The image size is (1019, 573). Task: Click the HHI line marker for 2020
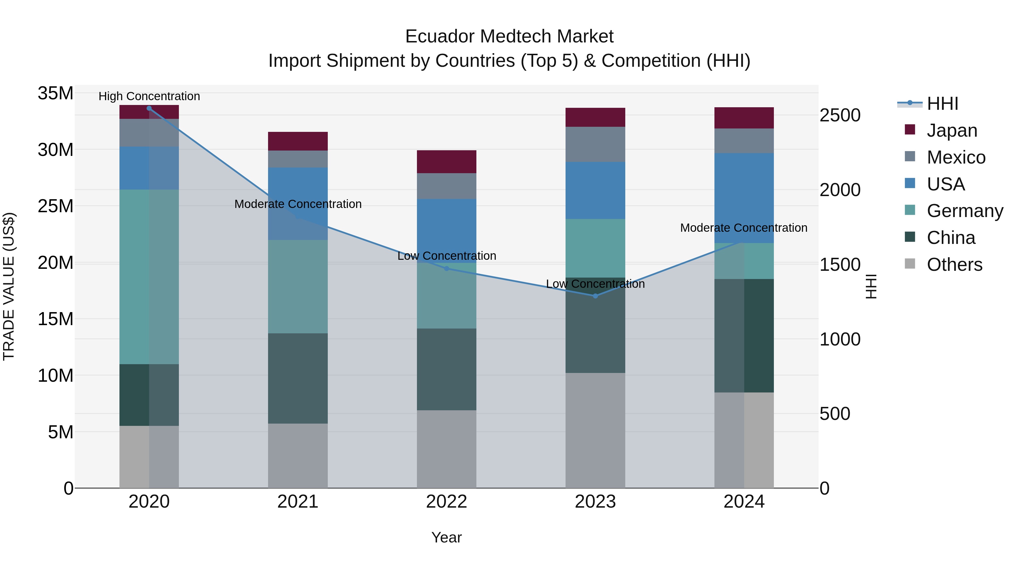149,108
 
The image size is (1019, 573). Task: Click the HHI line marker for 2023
595,296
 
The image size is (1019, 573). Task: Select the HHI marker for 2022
447,269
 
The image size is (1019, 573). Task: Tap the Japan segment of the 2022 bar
447,162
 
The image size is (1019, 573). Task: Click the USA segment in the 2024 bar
744,198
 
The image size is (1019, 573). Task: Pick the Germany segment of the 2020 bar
149,277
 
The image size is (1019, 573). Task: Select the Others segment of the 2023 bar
595,430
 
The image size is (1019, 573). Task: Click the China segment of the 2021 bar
298,378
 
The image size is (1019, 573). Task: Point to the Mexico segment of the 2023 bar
595,144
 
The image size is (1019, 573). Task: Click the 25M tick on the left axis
55,206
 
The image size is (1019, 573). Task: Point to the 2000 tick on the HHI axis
840,190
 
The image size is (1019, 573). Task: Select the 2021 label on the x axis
298,502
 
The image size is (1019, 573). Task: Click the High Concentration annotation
149,96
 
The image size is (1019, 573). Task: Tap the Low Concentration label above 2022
447,256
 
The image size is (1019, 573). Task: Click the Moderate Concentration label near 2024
744,228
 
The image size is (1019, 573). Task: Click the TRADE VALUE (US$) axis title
9,286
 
